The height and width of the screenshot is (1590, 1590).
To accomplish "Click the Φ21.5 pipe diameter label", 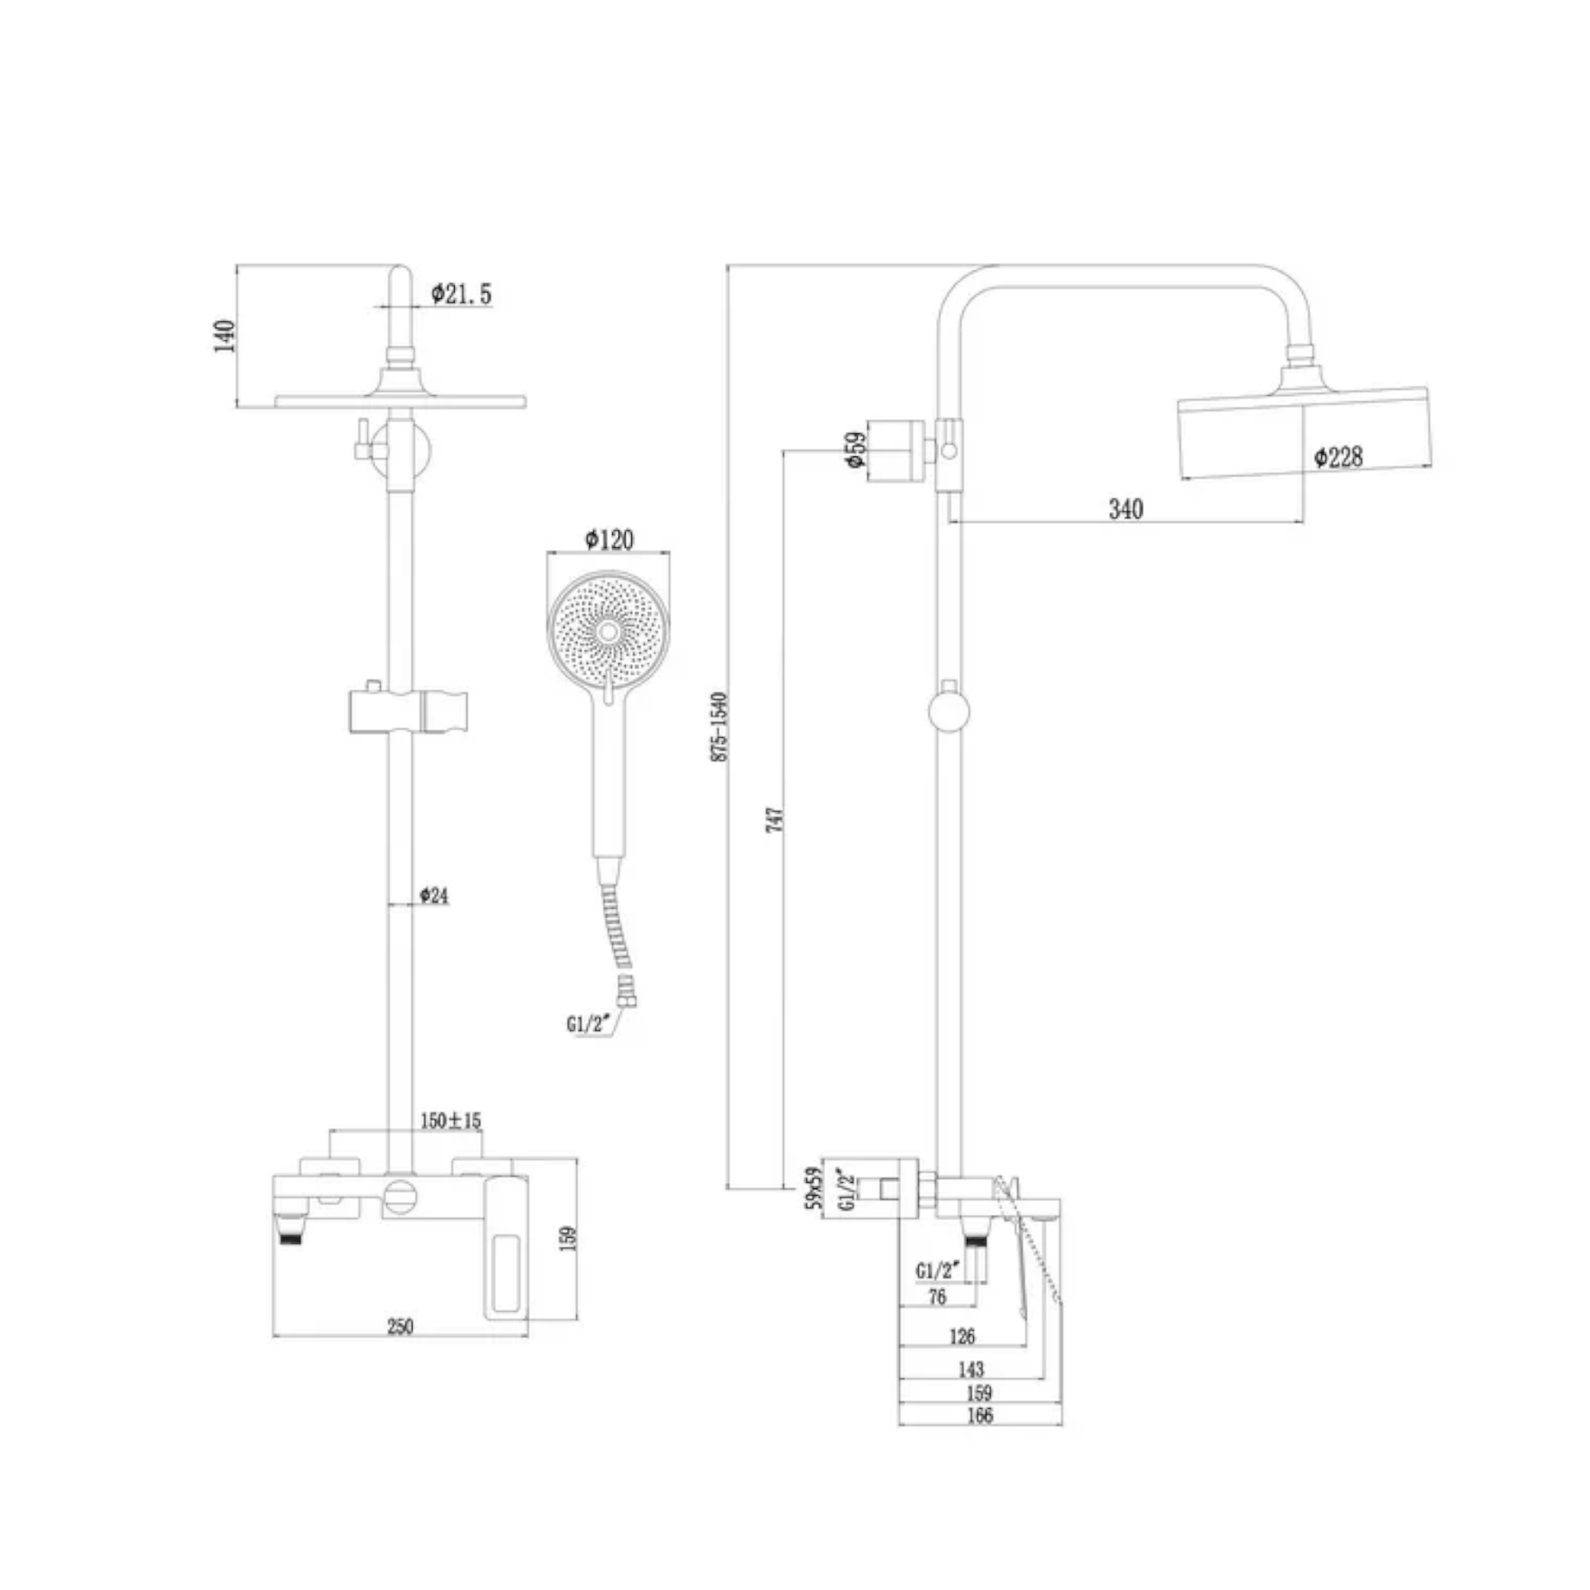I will tap(463, 294).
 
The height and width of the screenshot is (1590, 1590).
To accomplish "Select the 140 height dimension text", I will tap(225, 335).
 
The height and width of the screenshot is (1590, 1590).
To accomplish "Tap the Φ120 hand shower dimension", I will tap(609, 540).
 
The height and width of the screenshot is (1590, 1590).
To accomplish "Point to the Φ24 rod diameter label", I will tap(434, 895).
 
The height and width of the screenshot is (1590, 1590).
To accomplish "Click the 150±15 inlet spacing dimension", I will tap(451, 1120).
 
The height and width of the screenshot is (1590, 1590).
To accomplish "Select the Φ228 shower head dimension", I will tap(1338, 457).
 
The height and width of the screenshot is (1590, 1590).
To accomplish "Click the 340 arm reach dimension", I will tap(1126, 510).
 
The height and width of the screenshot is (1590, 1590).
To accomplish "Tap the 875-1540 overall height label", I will tap(719, 727).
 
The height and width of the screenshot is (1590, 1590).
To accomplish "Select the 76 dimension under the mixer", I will tap(937, 1297).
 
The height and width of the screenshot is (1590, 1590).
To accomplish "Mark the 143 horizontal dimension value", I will tap(971, 1370).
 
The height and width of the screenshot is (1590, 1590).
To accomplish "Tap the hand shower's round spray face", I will tap(608, 631).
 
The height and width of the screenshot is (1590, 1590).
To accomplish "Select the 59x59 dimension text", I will tap(815, 1188).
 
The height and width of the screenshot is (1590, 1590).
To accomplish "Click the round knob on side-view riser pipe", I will tap(949, 712).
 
